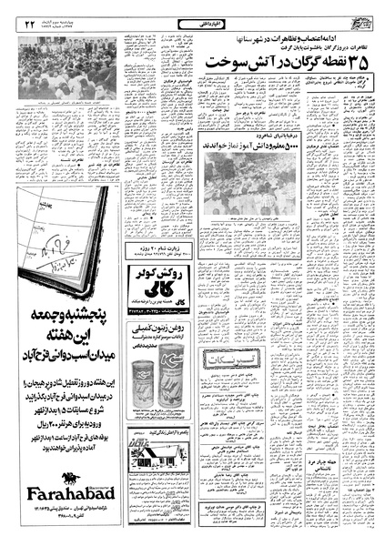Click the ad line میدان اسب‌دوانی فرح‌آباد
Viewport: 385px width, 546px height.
click(x=60, y=396)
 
